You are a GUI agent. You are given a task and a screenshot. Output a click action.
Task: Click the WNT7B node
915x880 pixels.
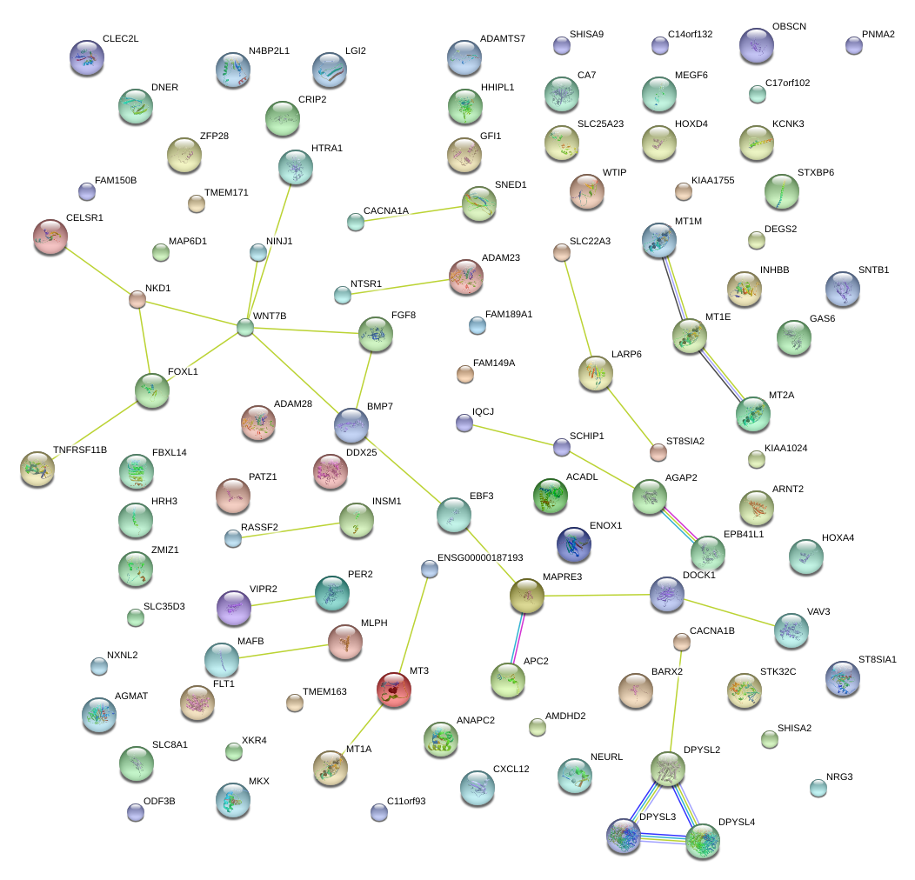pos(245,327)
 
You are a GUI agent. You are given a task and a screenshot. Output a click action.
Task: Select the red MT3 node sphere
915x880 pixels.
pos(394,690)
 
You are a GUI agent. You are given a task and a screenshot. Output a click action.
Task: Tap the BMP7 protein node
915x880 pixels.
pos(351,424)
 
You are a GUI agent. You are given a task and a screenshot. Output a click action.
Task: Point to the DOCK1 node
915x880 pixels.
pos(667,594)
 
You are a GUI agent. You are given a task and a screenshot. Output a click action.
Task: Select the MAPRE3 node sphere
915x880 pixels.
pos(526,596)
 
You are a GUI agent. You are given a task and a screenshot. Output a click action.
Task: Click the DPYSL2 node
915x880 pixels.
pos(667,769)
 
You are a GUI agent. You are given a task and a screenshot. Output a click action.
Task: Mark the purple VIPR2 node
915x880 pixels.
pos(233,607)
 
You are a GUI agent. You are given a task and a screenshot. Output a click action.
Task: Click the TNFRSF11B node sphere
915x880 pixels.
pos(37,468)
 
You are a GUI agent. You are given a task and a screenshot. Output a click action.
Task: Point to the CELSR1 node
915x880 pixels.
pos(50,236)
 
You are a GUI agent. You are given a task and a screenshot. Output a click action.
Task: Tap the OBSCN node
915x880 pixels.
pos(756,45)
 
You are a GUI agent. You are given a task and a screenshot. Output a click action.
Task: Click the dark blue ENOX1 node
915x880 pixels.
pos(573,544)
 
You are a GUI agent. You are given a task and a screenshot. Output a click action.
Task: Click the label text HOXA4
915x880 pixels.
pos(838,538)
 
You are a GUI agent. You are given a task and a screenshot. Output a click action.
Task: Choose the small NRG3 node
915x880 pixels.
pos(818,788)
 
